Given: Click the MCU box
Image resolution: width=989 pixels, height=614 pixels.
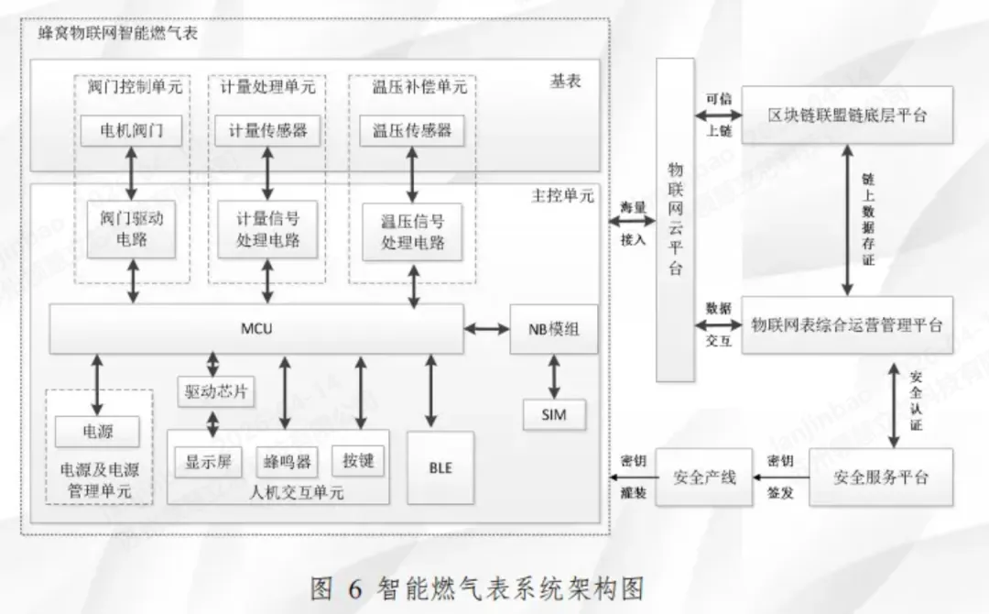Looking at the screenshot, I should tap(255, 328).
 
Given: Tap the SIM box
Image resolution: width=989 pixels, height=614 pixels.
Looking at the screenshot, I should tap(553, 414).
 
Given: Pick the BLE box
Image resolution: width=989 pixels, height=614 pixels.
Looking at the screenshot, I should tap(440, 466).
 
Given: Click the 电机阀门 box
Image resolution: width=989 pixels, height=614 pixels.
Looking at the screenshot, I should tap(132, 130).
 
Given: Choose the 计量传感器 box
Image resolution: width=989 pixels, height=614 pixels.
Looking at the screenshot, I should tap(267, 130).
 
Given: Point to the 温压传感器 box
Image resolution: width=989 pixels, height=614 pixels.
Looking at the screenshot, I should tap(411, 130).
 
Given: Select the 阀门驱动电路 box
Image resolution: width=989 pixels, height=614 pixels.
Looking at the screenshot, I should tap(131, 229).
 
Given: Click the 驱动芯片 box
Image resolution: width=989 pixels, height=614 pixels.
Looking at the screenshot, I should tap(214, 393).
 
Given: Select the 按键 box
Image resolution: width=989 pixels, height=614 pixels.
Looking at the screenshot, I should tap(358, 460).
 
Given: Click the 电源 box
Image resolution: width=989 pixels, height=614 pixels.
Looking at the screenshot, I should tap(97, 430).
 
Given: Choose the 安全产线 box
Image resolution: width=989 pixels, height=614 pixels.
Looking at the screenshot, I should tap(704, 477).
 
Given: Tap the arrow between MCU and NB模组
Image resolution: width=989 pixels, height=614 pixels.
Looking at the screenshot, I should tap(486, 328).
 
